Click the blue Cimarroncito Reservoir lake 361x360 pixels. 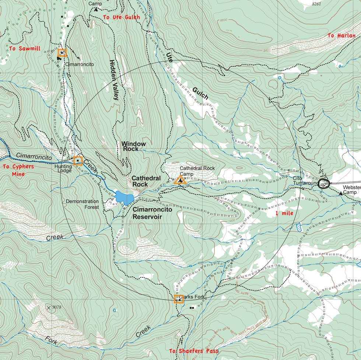(123, 198)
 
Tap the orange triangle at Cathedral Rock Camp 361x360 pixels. (180, 180)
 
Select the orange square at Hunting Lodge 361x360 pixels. (78, 161)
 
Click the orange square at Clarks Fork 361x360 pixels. (179, 299)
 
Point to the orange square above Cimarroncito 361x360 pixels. (62, 53)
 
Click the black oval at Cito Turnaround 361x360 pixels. (323, 183)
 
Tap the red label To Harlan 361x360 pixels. (341, 36)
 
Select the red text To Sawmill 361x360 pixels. (25, 49)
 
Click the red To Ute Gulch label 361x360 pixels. (122, 17)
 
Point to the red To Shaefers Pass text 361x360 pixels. (193, 351)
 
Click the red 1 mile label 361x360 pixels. (284, 213)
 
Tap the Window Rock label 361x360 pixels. (133, 146)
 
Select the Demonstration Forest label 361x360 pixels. (82, 204)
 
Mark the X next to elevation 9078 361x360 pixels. (49, 307)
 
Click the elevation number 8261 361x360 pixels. (316, 4)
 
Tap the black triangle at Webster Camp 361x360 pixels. (340, 192)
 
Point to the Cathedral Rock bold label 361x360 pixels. (146, 181)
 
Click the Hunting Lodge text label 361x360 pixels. (63, 168)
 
